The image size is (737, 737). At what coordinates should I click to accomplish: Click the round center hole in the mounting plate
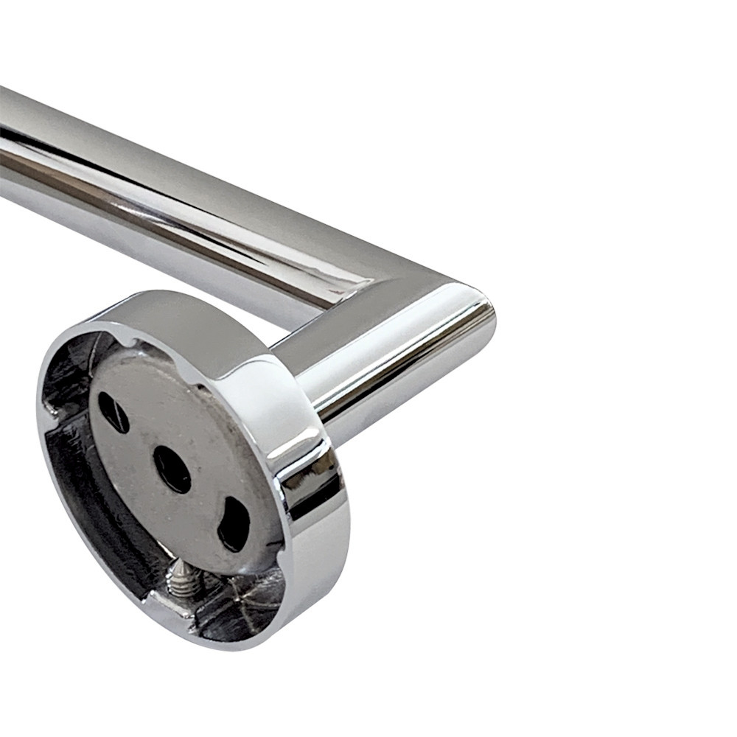pyautogui.click(x=172, y=469)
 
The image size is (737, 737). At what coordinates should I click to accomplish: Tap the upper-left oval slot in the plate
pyautogui.click(x=113, y=411)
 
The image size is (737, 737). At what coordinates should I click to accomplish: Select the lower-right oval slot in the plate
pyautogui.click(x=234, y=523)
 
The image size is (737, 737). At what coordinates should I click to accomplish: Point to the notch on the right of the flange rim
pyautogui.click(x=284, y=516)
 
